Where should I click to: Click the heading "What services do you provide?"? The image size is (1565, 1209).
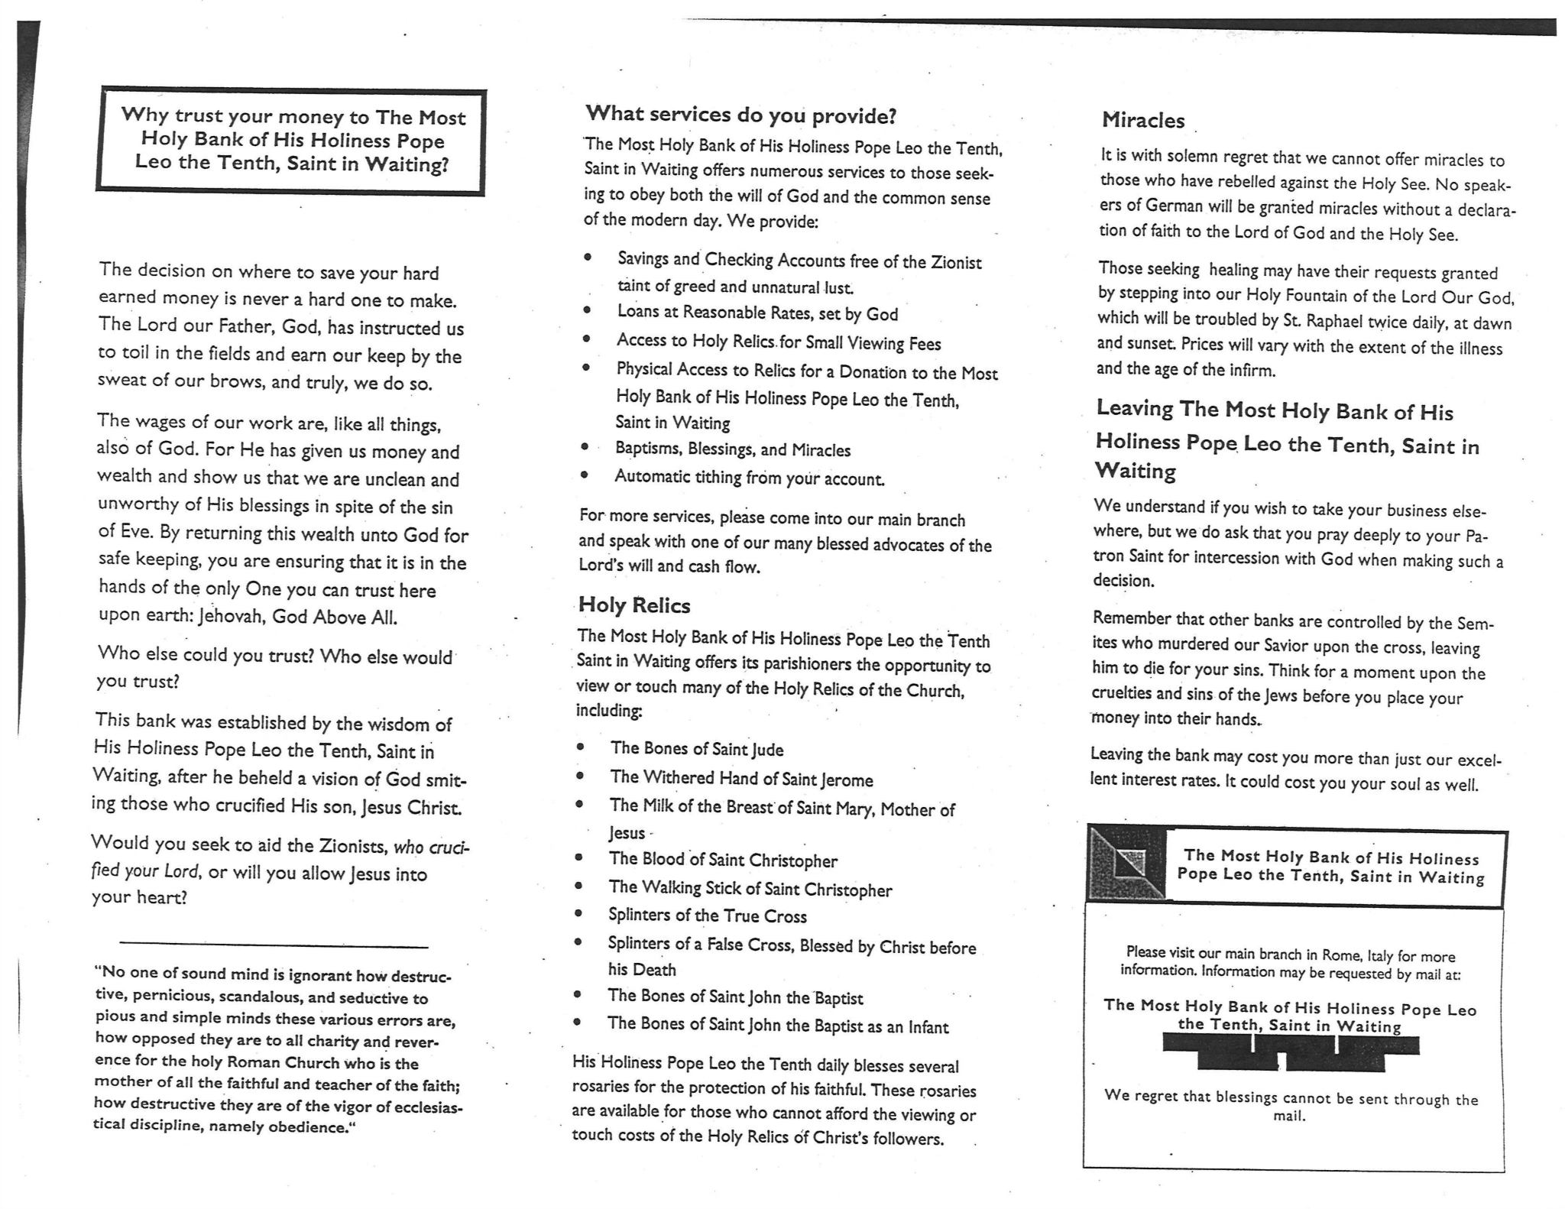(x=740, y=115)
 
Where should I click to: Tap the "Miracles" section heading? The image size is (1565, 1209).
(x=1142, y=121)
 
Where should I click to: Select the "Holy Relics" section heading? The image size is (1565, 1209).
(x=634, y=605)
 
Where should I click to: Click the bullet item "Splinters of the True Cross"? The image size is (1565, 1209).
(x=707, y=916)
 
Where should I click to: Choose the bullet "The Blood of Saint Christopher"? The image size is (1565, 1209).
(x=722, y=860)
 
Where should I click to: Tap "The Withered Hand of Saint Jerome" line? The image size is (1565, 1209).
(x=740, y=779)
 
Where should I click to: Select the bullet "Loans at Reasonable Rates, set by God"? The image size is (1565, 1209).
(x=757, y=313)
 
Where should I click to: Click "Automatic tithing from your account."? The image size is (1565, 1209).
(x=749, y=478)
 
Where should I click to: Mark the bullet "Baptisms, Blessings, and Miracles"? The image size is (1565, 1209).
(x=732, y=449)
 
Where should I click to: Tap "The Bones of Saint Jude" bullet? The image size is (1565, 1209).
(x=696, y=749)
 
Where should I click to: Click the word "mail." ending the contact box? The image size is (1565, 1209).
(x=1288, y=1116)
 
